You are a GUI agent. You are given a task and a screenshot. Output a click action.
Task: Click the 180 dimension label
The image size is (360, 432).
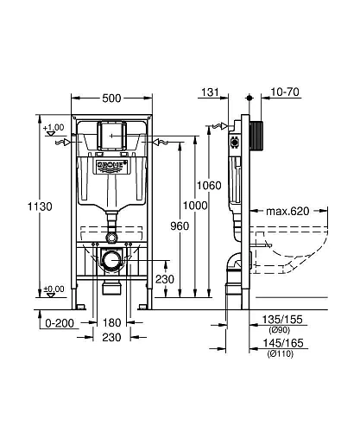pyautogui.click(x=112, y=322)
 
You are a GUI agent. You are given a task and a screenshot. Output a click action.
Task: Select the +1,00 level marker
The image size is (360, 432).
pyautogui.click(x=54, y=128)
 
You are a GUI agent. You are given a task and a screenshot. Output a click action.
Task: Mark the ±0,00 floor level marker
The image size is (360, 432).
pyautogui.click(x=54, y=289)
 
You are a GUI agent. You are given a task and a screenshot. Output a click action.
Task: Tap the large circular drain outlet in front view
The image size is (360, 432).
pyautogui.click(x=111, y=258)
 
